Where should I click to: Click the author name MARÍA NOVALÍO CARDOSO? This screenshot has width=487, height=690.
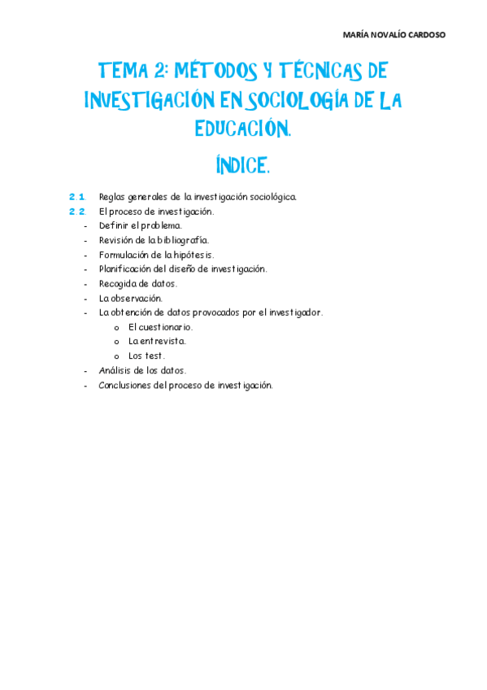pos(394,35)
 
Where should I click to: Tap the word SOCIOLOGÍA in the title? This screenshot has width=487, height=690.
pos(307,100)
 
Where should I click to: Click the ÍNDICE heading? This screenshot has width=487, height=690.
pos(242,166)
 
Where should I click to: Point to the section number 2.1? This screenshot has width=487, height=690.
pos(77,197)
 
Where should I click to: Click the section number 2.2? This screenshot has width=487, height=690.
pos(77,212)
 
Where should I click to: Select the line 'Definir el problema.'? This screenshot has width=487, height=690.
pos(140,225)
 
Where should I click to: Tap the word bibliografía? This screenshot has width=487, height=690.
pos(181,240)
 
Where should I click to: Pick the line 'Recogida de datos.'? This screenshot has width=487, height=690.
pos(137,283)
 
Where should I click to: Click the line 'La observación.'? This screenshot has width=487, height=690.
pos(130,298)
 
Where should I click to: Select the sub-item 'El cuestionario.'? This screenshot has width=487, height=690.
pos(160,327)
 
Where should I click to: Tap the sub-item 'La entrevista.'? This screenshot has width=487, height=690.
pos(157,341)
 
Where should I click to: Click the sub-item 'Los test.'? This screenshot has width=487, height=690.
pos(146,356)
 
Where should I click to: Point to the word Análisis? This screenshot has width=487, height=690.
pos(115,370)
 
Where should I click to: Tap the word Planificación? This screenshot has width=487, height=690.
pos(125,269)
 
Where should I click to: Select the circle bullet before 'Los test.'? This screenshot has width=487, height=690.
pos(117,356)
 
